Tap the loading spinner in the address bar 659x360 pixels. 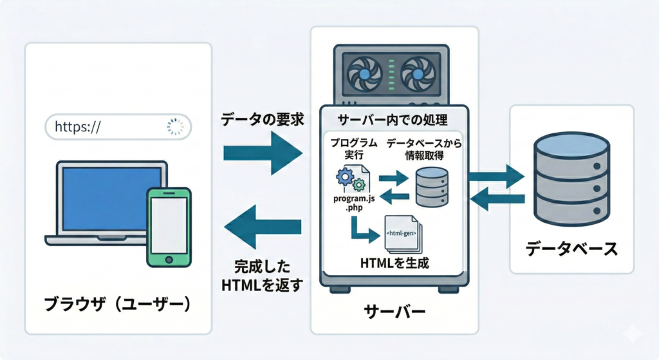pos(174,127)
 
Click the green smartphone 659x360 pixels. pos(168,227)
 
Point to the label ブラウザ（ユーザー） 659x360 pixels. pos(118,303)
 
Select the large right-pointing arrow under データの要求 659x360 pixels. pos(263,153)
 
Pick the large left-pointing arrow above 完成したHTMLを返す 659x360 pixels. pos(263,226)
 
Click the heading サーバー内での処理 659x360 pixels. pos(393,120)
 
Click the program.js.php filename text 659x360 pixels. pos(350,204)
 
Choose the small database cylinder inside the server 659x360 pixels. pos(431,186)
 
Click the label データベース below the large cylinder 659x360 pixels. pos(571,249)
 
